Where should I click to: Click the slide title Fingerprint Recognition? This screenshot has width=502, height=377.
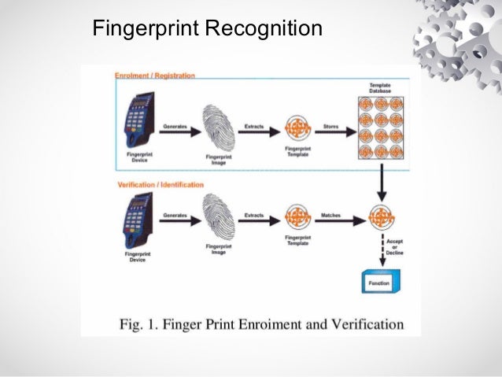click(x=207, y=29)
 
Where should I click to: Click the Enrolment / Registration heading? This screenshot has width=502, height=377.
click(x=155, y=76)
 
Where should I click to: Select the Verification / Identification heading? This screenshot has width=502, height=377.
click(x=160, y=185)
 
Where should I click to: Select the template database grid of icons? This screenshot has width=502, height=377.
click(x=381, y=127)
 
